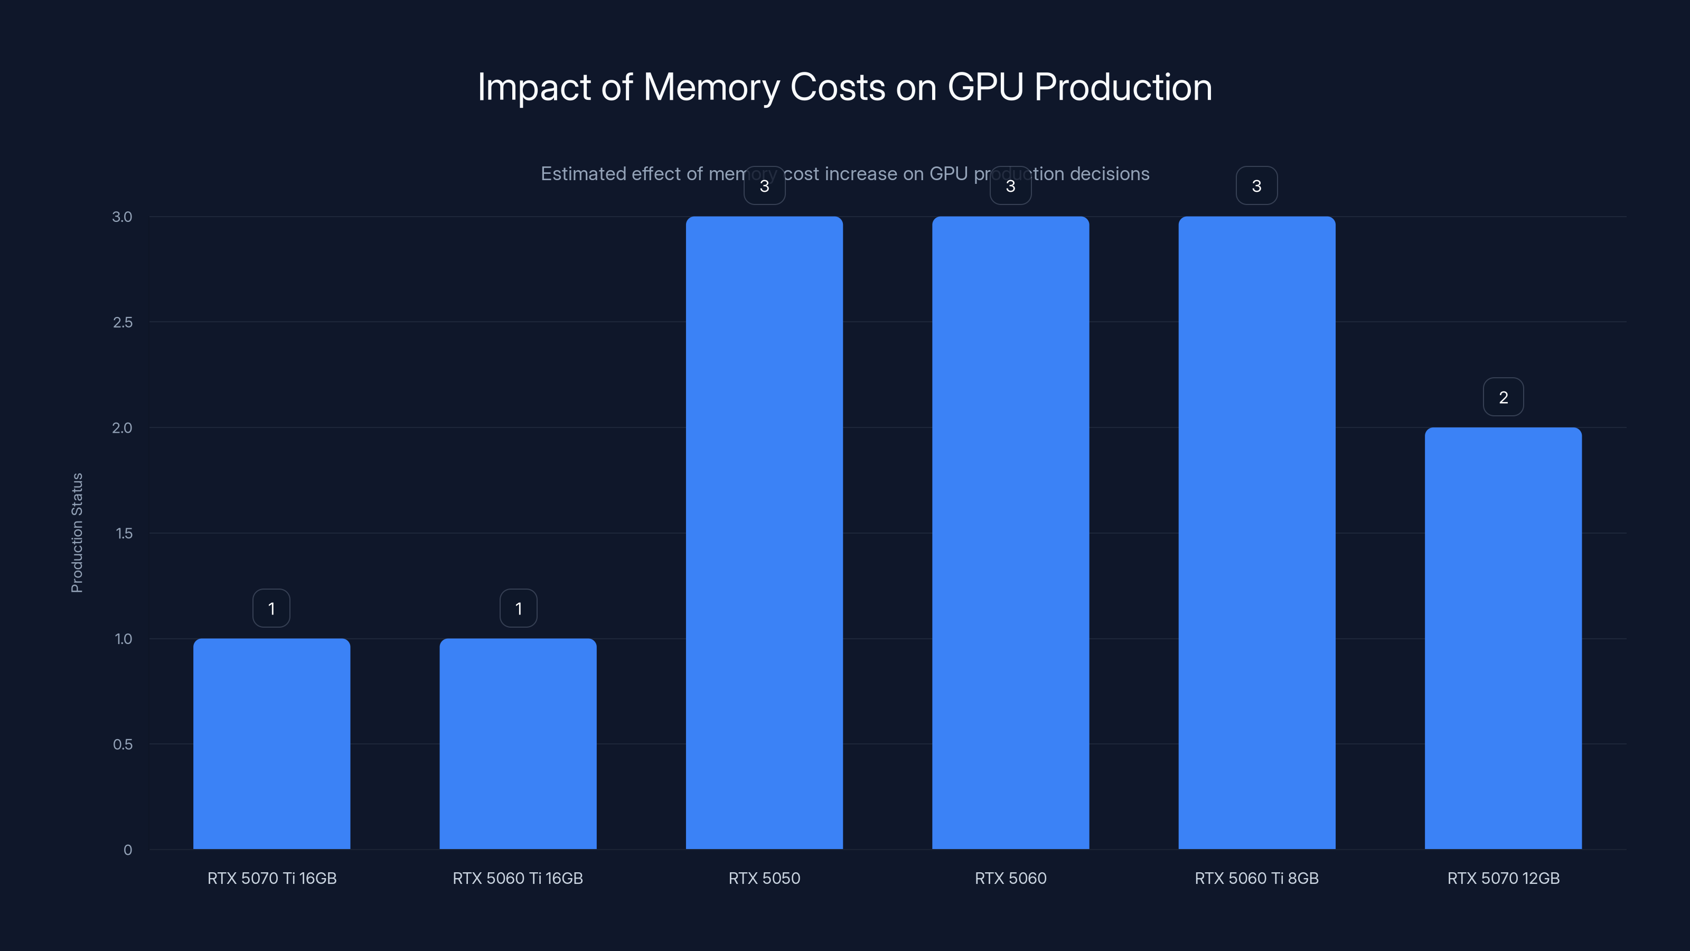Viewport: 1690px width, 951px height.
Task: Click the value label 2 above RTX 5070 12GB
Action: click(x=1503, y=397)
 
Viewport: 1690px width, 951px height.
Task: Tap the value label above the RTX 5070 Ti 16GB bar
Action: click(x=271, y=609)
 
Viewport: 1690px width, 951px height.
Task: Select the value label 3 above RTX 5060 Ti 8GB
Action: click(x=1256, y=186)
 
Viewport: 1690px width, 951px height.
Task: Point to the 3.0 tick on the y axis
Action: click(x=122, y=217)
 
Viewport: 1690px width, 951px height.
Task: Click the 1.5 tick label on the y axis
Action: click(x=124, y=533)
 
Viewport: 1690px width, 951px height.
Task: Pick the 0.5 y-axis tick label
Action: click(x=123, y=744)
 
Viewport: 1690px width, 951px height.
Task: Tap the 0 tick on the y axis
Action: click(x=128, y=850)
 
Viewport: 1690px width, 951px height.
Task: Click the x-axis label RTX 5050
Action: click(x=764, y=878)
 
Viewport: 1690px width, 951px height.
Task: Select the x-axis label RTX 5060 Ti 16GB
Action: click(x=518, y=878)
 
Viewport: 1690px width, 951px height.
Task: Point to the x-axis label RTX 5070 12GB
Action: click(x=1503, y=878)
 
